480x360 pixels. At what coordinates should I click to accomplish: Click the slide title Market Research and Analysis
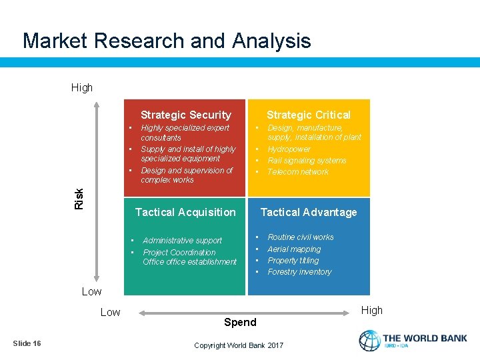click(167, 41)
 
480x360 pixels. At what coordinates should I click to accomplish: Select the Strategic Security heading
click(185, 115)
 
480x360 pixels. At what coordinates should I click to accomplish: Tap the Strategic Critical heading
click(308, 115)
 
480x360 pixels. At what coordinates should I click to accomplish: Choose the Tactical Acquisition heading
click(185, 212)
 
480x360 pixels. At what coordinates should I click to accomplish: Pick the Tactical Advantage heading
click(308, 212)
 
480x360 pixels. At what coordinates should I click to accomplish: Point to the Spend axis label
click(240, 322)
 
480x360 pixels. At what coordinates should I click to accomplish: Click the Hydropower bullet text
click(289, 149)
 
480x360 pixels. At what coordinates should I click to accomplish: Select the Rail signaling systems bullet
click(307, 161)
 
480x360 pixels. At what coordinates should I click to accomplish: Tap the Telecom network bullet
click(297, 172)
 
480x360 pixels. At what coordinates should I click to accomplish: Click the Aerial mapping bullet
click(294, 249)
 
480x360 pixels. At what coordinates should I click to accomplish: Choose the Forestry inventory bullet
click(299, 272)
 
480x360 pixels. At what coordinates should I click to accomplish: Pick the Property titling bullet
click(293, 261)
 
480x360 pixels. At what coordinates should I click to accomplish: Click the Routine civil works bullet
click(300, 237)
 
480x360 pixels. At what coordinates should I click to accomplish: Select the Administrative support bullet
click(182, 241)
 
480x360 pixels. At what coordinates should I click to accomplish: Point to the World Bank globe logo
click(369, 340)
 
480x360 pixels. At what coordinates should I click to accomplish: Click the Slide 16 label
click(27, 343)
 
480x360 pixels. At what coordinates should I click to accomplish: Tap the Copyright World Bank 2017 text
click(239, 345)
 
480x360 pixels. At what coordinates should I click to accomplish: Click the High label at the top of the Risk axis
click(82, 87)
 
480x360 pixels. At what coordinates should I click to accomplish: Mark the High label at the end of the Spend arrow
click(371, 310)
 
